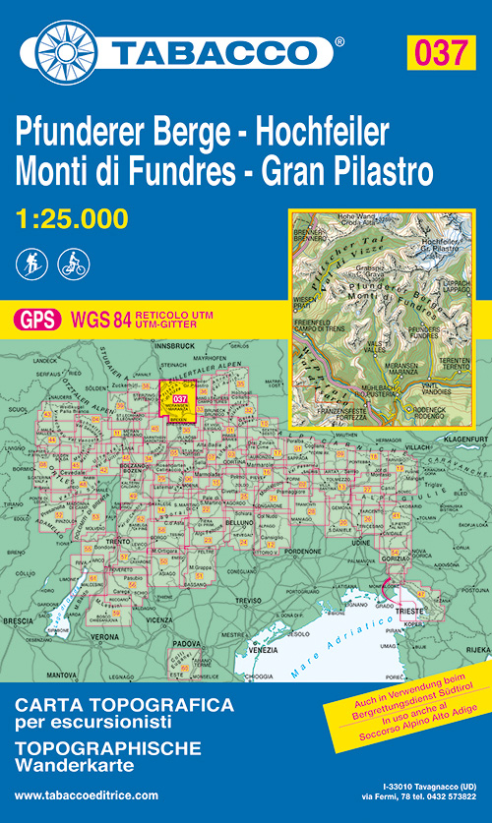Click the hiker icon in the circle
[x=32, y=263]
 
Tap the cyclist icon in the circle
[x=74, y=263]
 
